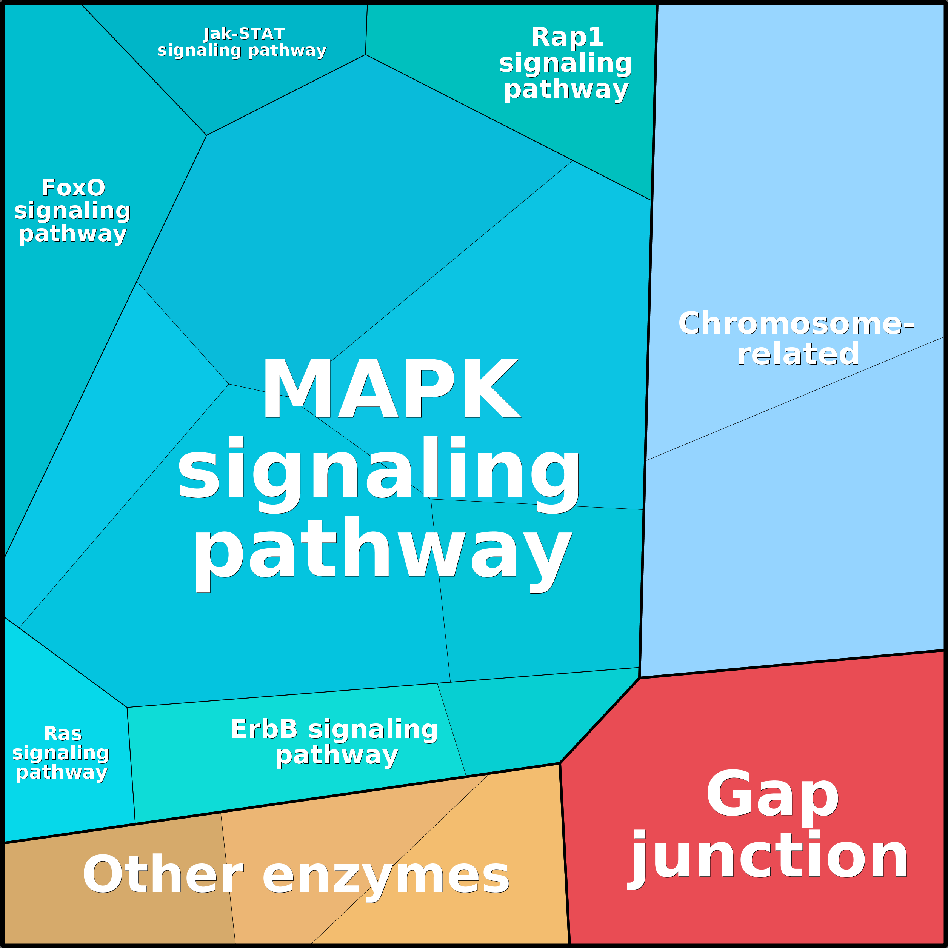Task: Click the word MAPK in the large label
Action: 391,389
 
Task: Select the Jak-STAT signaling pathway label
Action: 242,42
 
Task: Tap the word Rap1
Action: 567,37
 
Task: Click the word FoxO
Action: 73,188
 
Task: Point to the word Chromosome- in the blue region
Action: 796,324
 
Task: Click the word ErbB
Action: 264,729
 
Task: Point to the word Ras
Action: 62,734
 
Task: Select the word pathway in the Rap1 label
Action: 566,90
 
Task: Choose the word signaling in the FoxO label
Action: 72,211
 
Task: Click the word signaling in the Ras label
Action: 61,753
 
